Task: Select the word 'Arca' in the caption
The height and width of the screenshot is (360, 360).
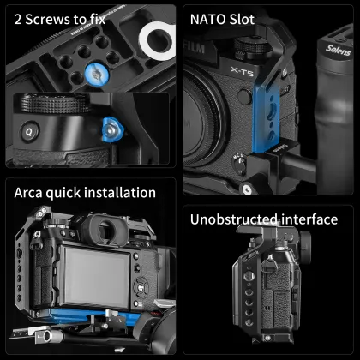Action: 30,193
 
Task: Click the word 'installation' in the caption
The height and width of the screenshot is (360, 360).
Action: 122,193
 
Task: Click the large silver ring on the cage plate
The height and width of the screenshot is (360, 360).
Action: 157,38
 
